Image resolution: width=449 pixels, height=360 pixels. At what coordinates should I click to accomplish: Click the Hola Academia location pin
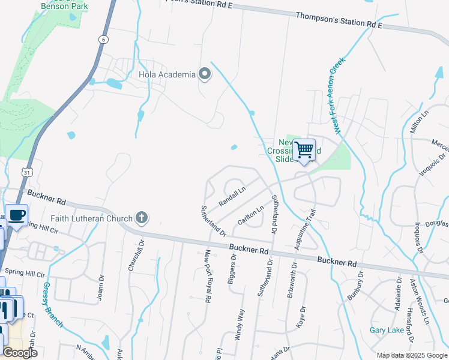point(205,74)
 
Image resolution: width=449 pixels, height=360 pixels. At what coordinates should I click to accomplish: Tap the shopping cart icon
point(304,149)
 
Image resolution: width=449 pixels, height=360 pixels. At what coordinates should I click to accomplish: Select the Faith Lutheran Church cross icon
point(141,217)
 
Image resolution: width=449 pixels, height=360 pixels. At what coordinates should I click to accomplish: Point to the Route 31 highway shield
point(28,172)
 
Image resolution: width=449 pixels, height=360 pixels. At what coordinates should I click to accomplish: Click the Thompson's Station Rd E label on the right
point(339,24)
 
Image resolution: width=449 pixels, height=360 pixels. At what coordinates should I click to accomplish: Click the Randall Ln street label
point(232,196)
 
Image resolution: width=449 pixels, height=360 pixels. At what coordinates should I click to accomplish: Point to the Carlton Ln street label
point(251,215)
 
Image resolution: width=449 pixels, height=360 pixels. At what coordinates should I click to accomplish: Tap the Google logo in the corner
point(20,353)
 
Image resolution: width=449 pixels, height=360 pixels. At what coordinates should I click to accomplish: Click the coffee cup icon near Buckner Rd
point(17,215)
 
